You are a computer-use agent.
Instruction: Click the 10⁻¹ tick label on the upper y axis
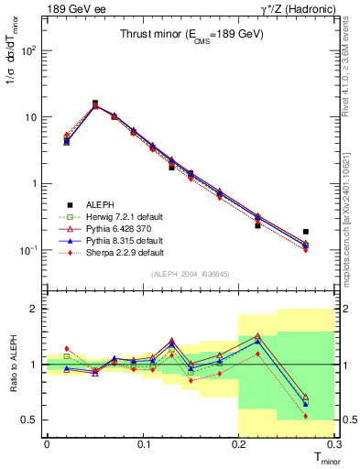(29, 250)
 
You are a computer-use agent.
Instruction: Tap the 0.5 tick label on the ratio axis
(31, 420)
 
